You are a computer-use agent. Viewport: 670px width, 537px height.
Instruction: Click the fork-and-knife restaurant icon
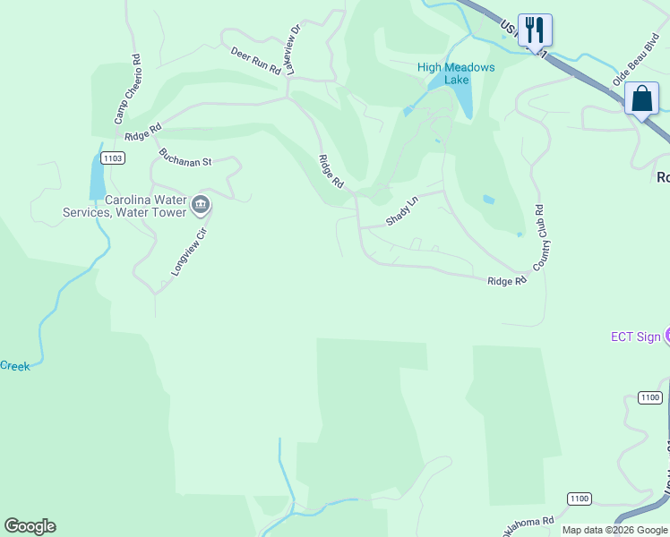(535, 29)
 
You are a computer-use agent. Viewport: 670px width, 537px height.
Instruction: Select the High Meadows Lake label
(455, 73)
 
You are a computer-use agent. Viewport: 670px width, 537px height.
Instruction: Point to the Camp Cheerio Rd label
(125, 89)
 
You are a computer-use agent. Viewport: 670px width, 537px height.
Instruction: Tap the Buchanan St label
(185, 157)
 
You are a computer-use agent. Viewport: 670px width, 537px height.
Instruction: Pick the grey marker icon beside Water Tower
(201, 206)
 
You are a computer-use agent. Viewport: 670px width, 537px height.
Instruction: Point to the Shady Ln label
(401, 212)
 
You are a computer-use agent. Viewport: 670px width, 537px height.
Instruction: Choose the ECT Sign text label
(636, 337)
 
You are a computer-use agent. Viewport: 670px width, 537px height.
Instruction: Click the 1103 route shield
(112, 158)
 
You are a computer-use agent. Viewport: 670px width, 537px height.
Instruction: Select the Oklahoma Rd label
(528, 524)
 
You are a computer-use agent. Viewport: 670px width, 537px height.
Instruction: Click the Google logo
(30, 526)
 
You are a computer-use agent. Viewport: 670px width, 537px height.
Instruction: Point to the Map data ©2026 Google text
(614, 530)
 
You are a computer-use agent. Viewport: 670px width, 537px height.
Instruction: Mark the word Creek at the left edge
(14, 365)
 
